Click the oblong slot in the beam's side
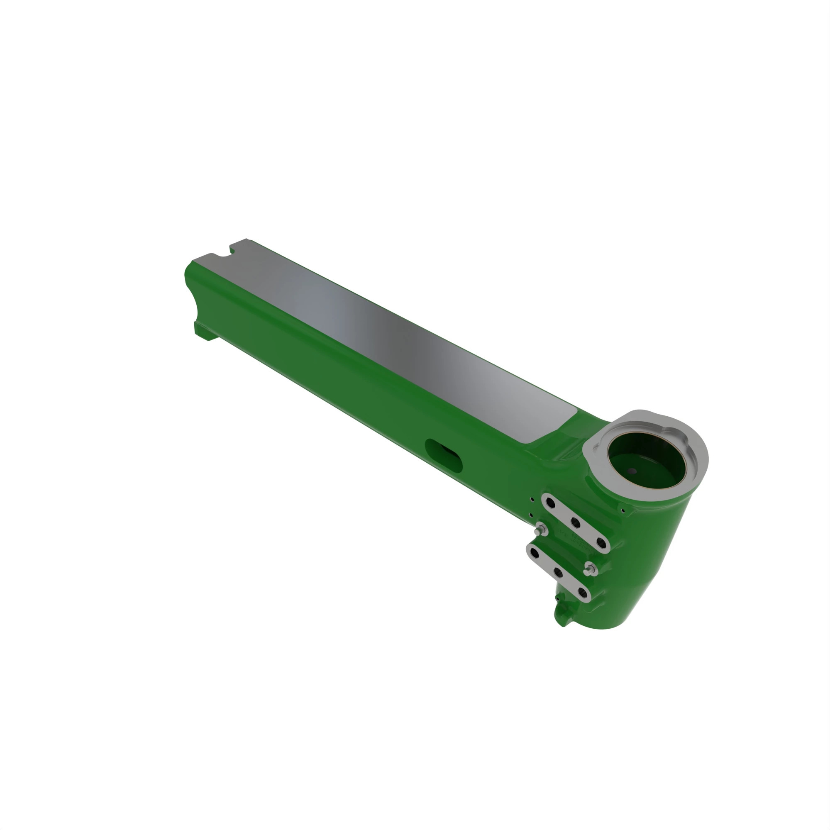tap(444, 454)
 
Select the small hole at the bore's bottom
tap(632, 471)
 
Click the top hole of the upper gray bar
tap(550, 501)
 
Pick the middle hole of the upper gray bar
tap(575, 522)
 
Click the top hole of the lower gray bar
tap(534, 551)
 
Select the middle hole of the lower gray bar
tap(558, 572)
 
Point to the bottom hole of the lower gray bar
tap(583, 593)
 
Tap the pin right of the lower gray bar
tap(590, 569)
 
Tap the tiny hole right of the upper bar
tap(623, 511)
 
